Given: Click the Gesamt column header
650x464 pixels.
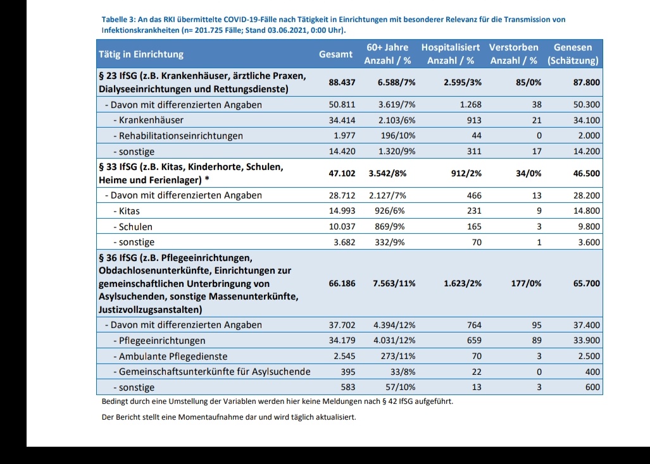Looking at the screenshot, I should coord(335,54).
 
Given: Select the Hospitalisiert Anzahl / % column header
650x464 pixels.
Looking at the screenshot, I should coord(450,54).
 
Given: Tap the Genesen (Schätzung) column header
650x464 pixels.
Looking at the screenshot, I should coord(573,54).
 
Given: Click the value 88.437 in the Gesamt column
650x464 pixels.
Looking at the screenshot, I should coord(342,82).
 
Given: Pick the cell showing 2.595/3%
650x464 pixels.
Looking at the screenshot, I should coord(463,82).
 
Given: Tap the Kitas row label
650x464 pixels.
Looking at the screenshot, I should coord(130,211).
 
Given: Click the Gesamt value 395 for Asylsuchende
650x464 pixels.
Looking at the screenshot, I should coord(348,372).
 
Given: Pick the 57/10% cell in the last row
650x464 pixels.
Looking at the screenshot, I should coord(401,388).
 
